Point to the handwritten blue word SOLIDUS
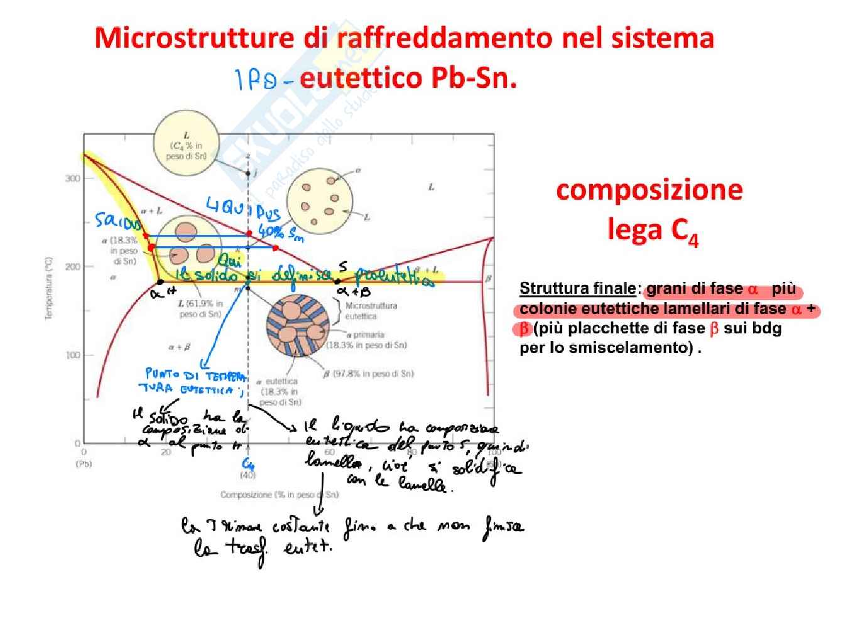point(118,222)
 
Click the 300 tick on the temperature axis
point(73,178)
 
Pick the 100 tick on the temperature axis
point(73,355)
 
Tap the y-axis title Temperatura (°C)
point(49,288)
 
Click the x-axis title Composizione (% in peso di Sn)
point(279,495)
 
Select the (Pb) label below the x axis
point(84,465)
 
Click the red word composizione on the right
point(649,190)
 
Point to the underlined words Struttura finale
point(577,289)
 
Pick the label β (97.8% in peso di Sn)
point(369,374)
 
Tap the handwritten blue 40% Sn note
point(281,233)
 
